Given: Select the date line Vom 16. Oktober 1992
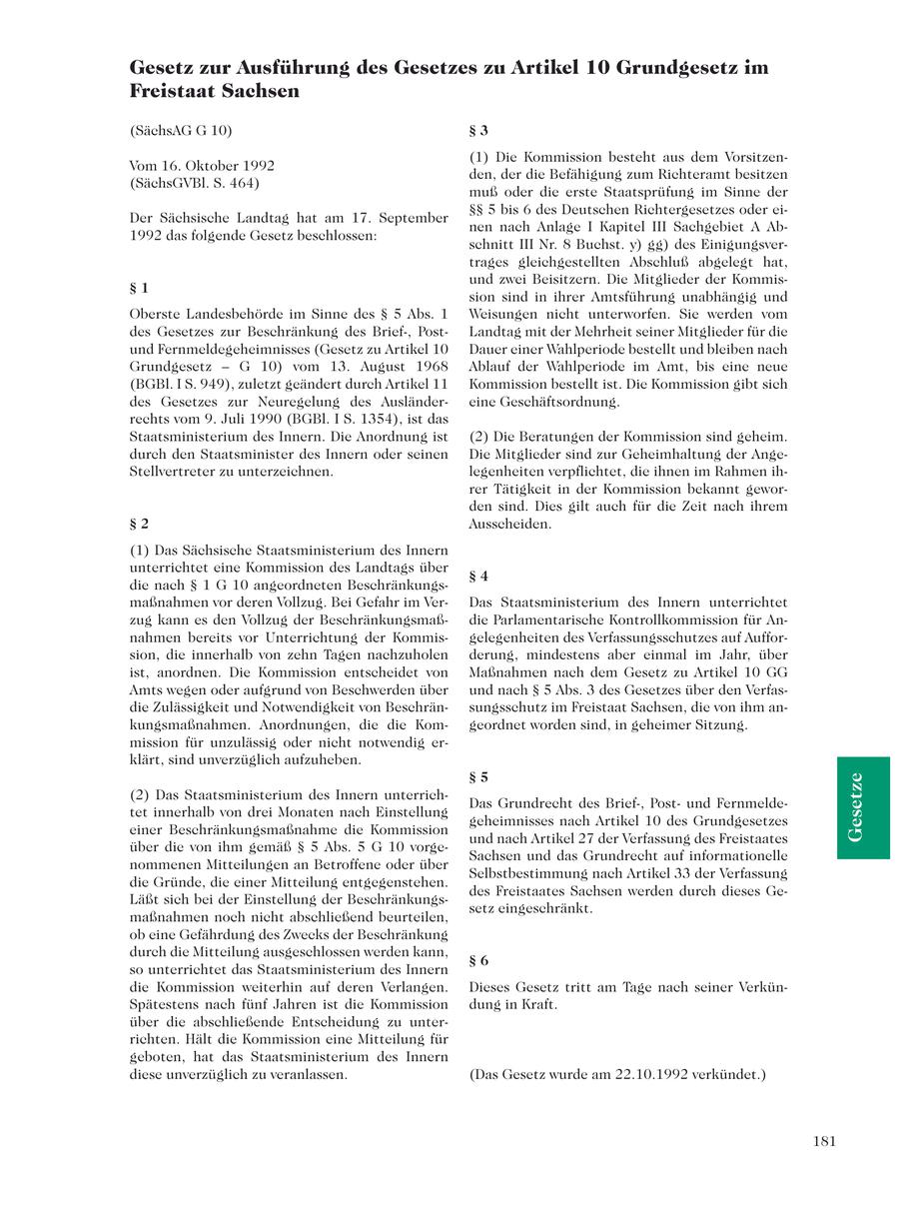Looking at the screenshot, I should click(x=202, y=166).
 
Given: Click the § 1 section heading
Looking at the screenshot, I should click(x=139, y=288).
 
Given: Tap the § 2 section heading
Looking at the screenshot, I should click(x=139, y=523).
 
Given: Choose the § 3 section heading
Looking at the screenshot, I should click(x=478, y=130).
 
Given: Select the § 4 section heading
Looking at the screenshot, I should click(x=478, y=576).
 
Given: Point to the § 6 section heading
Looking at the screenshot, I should click(x=478, y=960).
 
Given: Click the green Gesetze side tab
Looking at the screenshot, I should click(x=863, y=807).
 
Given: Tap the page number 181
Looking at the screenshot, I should click(x=824, y=1142).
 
